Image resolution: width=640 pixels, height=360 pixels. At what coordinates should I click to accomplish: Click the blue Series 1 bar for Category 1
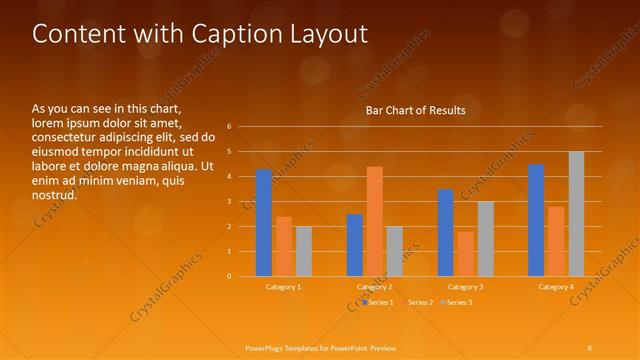(x=264, y=223)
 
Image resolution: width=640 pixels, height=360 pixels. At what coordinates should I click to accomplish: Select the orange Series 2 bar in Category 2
(x=374, y=221)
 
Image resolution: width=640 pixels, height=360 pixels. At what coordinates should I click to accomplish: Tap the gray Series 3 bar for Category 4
(x=576, y=214)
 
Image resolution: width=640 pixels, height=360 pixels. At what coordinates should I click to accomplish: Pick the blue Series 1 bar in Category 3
(x=445, y=233)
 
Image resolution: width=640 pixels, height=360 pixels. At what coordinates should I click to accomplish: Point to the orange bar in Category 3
(x=465, y=254)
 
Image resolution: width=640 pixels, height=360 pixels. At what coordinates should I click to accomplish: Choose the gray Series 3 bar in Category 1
(x=304, y=251)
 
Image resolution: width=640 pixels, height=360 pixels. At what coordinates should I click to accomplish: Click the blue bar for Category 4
(x=536, y=220)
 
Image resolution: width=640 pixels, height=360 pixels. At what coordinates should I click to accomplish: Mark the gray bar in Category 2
(x=395, y=251)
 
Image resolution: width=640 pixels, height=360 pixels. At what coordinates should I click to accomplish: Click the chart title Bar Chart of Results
(x=415, y=111)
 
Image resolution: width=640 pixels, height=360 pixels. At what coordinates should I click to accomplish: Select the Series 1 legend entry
(x=379, y=302)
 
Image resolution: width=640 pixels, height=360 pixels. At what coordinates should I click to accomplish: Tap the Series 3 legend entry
(x=459, y=302)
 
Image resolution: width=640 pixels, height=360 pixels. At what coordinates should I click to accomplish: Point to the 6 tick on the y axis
(x=229, y=127)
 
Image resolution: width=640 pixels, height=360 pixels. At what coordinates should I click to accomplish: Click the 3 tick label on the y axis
(x=229, y=202)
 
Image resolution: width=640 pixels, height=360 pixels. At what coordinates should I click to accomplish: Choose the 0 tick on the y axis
(x=229, y=276)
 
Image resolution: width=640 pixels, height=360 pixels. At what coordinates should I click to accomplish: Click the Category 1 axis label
(x=284, y=287)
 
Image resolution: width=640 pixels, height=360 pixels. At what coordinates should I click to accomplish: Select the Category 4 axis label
(x=556, y=287)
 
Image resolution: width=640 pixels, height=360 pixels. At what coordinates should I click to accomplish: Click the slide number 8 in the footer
(x=589, y=347)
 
